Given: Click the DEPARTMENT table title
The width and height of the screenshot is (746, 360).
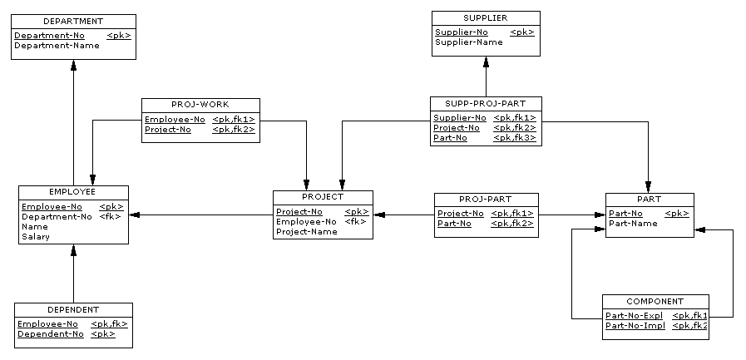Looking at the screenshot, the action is pos(73,22).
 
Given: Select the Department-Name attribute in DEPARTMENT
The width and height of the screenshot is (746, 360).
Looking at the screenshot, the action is pos(57,46).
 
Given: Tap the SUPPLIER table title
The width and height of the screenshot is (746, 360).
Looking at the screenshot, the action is pos(486,18).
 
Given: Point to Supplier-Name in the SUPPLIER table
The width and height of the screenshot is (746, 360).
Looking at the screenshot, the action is pos(468,42).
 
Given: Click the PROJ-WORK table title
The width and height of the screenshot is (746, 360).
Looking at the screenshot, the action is pos(200,105).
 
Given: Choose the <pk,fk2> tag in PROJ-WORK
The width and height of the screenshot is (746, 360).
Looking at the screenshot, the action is pos(234,130).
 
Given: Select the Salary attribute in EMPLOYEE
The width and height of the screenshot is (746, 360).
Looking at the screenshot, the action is pos(36,237).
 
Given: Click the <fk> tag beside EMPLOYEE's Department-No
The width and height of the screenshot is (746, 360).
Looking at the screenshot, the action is pos(111,217).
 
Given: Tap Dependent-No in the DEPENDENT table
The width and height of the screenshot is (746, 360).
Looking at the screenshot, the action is pos(51,334).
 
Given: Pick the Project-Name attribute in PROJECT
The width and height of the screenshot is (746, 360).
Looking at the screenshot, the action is pos(307,232).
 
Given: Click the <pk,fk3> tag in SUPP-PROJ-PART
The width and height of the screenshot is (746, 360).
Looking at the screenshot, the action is pos(515,138).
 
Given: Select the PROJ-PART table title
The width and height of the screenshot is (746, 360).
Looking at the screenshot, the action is pos(486,200).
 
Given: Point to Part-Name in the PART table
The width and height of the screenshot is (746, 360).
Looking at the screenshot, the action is pos(633,224).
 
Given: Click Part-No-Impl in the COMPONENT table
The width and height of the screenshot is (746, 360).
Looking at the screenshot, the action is pos(635,326).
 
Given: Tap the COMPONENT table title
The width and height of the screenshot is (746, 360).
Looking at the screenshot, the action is pos(655,302).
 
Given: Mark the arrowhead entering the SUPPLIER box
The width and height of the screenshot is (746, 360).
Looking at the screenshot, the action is pos(486,62).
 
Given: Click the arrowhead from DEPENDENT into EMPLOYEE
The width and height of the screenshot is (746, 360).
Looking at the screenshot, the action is pos(73,250).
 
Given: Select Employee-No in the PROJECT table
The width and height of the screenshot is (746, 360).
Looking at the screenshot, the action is pos(306,222).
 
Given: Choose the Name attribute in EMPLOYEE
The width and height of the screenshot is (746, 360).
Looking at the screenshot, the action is pos(35,227).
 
